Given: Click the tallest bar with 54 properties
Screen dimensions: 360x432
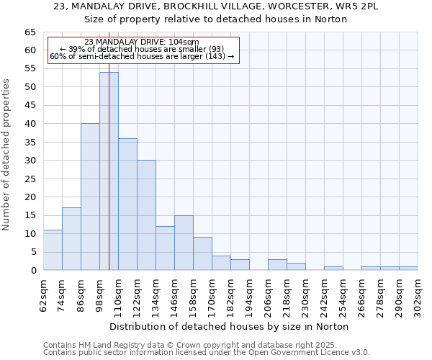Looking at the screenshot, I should [x=109, y=171].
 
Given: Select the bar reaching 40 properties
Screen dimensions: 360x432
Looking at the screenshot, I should [x=90, y=197].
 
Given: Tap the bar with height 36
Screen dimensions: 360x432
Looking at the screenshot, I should [x=127, y=204].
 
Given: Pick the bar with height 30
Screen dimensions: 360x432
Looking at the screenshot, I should [x=146, y=215].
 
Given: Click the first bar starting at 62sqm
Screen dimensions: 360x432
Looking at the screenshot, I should [x=53, y=250].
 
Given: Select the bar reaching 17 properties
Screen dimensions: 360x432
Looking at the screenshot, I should [x=71, y=239].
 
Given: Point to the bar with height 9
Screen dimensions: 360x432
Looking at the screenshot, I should [x=202, y=253].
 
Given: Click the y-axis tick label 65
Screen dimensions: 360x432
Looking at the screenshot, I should [x=30, y=32].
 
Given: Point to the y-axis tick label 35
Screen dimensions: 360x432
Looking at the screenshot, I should [x=30, y=142].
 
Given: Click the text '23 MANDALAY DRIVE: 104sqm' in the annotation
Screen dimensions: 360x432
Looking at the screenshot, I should [x=142, y=42].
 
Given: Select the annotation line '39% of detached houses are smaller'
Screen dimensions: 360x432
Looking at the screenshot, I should [x=142, y=49].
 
